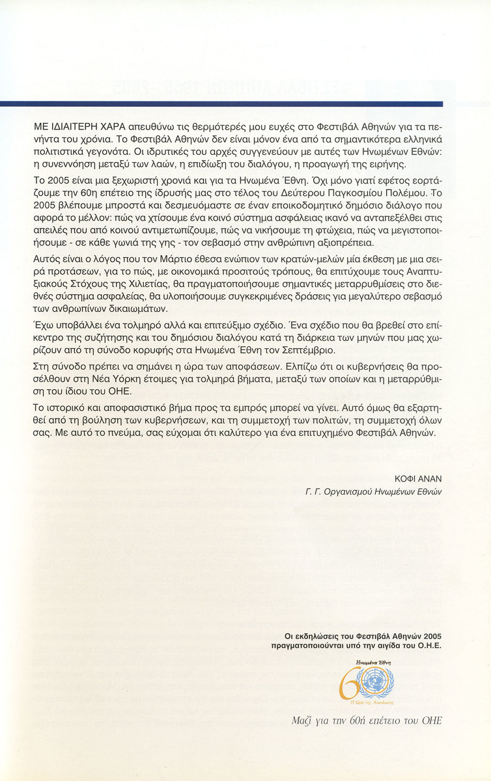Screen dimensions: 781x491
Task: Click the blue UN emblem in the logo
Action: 376,681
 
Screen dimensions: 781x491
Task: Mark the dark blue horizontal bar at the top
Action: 221,103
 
